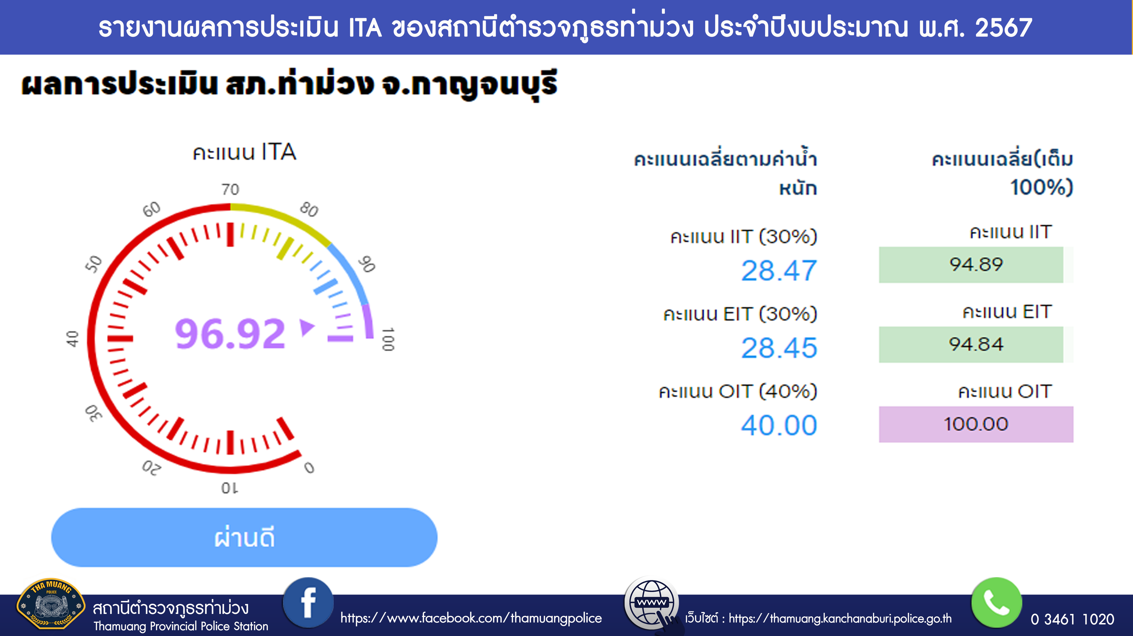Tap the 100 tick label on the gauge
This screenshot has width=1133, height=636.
[x=388, y=339]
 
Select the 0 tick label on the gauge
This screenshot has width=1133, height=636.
[x=309, y=467]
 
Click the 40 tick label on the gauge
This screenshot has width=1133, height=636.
[x=72, y=339]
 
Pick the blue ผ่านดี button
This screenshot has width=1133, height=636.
[x=244, y=537]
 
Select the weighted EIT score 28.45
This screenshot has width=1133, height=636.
[x=779, y=348]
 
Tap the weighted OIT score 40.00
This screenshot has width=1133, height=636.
[x=779, y=425]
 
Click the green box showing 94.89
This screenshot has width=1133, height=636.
[x=971, y=265]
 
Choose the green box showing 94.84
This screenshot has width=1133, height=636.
[x=971, y=344]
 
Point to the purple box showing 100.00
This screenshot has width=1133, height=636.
[x=976, y=424]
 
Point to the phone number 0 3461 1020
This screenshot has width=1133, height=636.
[x=1072, y=619]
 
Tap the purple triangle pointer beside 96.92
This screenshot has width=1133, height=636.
[x=307, y=328]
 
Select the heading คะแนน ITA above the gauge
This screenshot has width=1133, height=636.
[x=245, y=152]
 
